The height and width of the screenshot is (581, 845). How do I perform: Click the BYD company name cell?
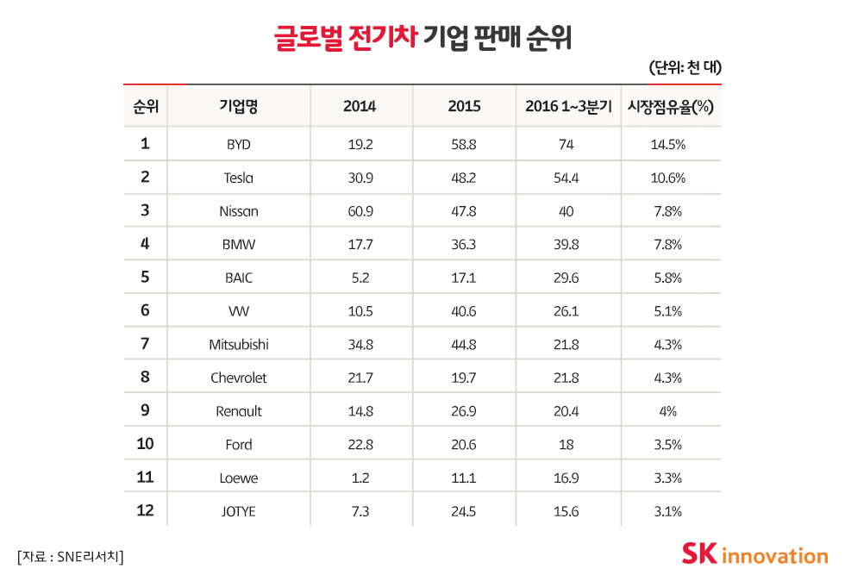[x=239, y=145]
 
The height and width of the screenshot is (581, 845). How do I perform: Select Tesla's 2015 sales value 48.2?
[x=464, y=178]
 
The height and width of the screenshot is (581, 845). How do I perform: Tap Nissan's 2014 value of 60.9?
[x=360, y=211]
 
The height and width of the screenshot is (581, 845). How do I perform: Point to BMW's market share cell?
[x=667, y=245]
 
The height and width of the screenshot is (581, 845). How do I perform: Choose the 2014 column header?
[x=360, y=107]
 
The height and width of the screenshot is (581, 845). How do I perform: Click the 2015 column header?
[x=464, y=107]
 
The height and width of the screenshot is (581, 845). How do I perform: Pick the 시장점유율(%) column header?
[x=667, y=107]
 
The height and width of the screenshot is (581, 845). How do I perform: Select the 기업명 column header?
[x=239, y=107]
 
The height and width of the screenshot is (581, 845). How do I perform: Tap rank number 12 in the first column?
[x=145, y=510]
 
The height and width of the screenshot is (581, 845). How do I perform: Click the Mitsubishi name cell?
[x=239, y=345]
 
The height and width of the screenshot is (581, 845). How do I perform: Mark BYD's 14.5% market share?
[x=667, y=145]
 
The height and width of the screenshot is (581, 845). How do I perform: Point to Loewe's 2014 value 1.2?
[x=360, y=478]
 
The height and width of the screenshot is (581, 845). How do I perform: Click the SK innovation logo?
[x=754, y=553]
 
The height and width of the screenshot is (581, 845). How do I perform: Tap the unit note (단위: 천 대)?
[x=684, y=67]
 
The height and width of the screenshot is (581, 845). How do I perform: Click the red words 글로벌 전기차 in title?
[x=345, y=38]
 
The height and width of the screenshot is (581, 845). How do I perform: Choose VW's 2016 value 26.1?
[x=566, y=311]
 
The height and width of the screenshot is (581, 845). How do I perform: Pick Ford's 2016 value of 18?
[x=566, y=445]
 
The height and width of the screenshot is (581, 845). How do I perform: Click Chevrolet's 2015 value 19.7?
[x=464, y=378]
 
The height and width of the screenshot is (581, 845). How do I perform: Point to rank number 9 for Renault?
[x=145, y=410]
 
